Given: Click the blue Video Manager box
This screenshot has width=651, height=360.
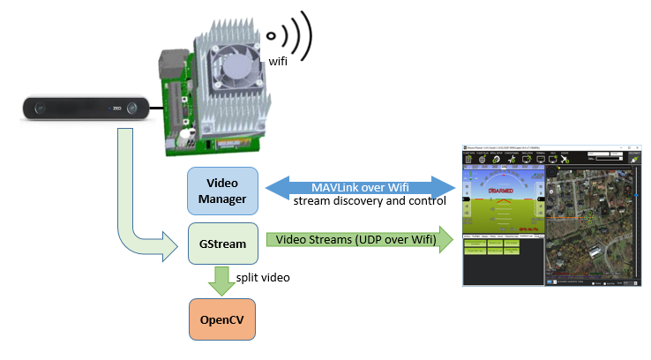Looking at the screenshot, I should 222,190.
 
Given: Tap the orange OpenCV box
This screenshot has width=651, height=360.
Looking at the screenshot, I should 222,321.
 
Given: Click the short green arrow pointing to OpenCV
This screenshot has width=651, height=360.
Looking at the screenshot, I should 222,281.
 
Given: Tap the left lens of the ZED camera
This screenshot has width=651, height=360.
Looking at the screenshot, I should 39,109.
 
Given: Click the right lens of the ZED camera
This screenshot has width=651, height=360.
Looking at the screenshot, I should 131,109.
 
